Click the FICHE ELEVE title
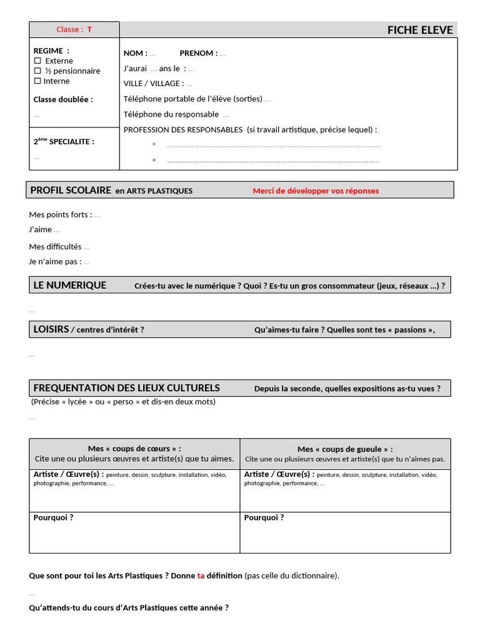419,30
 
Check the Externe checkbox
37,61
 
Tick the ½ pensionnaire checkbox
37,71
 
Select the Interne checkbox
37,80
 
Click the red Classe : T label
74,29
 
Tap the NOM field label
135,53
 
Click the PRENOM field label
198,53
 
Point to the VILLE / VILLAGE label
154,84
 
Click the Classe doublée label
62,99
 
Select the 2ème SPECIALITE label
64,142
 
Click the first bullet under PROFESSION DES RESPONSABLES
154,144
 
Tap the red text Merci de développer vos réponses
316,191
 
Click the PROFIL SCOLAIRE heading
71,190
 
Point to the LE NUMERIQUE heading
69,285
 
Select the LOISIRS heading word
51,329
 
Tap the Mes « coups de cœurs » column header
134,449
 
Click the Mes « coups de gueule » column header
345,449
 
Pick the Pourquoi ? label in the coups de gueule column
264,517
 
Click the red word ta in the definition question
201,575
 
